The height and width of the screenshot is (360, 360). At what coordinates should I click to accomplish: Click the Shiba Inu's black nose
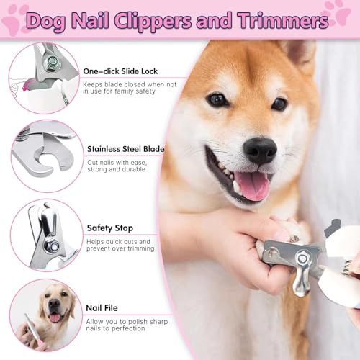(x=259, y=149)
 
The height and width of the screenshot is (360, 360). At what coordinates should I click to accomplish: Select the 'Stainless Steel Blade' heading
(x=125, y=150)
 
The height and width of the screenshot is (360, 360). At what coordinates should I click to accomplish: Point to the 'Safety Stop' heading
(x=109, y=228)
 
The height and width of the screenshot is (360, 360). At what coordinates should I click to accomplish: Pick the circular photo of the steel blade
(x=45, y=154)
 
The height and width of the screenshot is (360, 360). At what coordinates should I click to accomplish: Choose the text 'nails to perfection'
(x=116, y=328)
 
